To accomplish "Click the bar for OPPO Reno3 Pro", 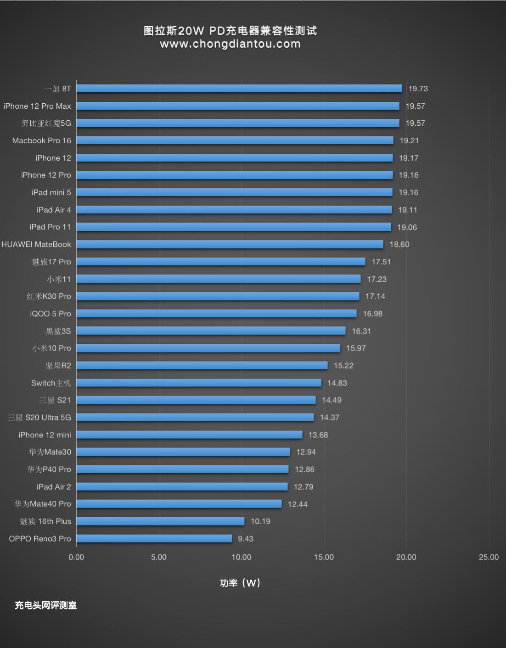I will [x=154, y=538].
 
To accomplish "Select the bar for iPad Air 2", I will [x=182, y=486].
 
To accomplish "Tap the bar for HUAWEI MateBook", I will [x=230, y=244].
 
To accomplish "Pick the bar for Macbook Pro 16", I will [x=235, y=140].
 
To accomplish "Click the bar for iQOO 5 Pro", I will [x=216, y=313].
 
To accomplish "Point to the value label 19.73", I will [x=418, y=89].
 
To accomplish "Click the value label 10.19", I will [x=260, y=521].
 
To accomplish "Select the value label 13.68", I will [x=318, y=435].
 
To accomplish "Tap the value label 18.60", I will [x=399, y=244].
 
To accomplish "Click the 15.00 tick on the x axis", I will [x=324, y=557].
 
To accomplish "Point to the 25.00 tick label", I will [x=489, y=557].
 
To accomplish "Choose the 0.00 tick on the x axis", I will [x=76, y=557].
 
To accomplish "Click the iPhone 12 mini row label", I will [x=45, y=435].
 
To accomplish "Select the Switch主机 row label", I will [x=51, y=383].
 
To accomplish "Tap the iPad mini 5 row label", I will [x=51, y=192].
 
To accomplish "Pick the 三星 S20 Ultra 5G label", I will [x=39, y=418].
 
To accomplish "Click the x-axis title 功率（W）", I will [x=240, y=583].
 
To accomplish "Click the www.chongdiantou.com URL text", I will [x=230, y=44].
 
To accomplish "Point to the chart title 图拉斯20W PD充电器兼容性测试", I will [x=230, y=31].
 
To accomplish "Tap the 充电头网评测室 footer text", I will [x=45, y=605].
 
